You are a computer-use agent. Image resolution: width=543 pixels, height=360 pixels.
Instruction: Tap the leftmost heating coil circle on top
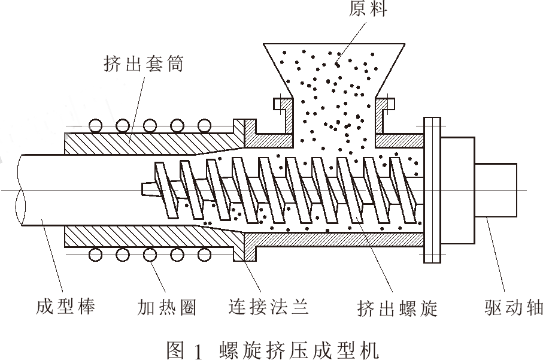(95, 126)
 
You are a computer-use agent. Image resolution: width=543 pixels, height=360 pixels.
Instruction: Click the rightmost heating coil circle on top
(205, 126)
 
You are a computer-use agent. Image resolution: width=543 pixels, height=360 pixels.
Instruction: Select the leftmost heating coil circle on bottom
(95, 255)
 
